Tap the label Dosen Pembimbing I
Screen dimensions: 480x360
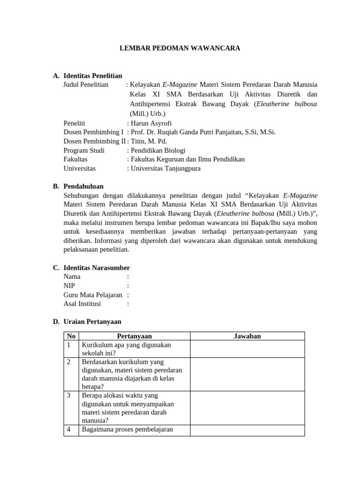(x=94, y=132)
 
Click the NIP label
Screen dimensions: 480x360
(x=69, y=285)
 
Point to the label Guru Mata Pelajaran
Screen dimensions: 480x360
(x=93, y=295)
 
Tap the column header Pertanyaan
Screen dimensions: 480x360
(x=134, y=336)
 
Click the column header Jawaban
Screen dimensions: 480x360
(x=247, y=336)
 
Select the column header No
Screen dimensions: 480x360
(x=71, y=336)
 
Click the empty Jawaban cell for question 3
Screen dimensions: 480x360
(x=247, y=408)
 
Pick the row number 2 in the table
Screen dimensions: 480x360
(x=69, y=361)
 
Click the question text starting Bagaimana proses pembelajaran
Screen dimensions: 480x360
(x=127, y=429)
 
